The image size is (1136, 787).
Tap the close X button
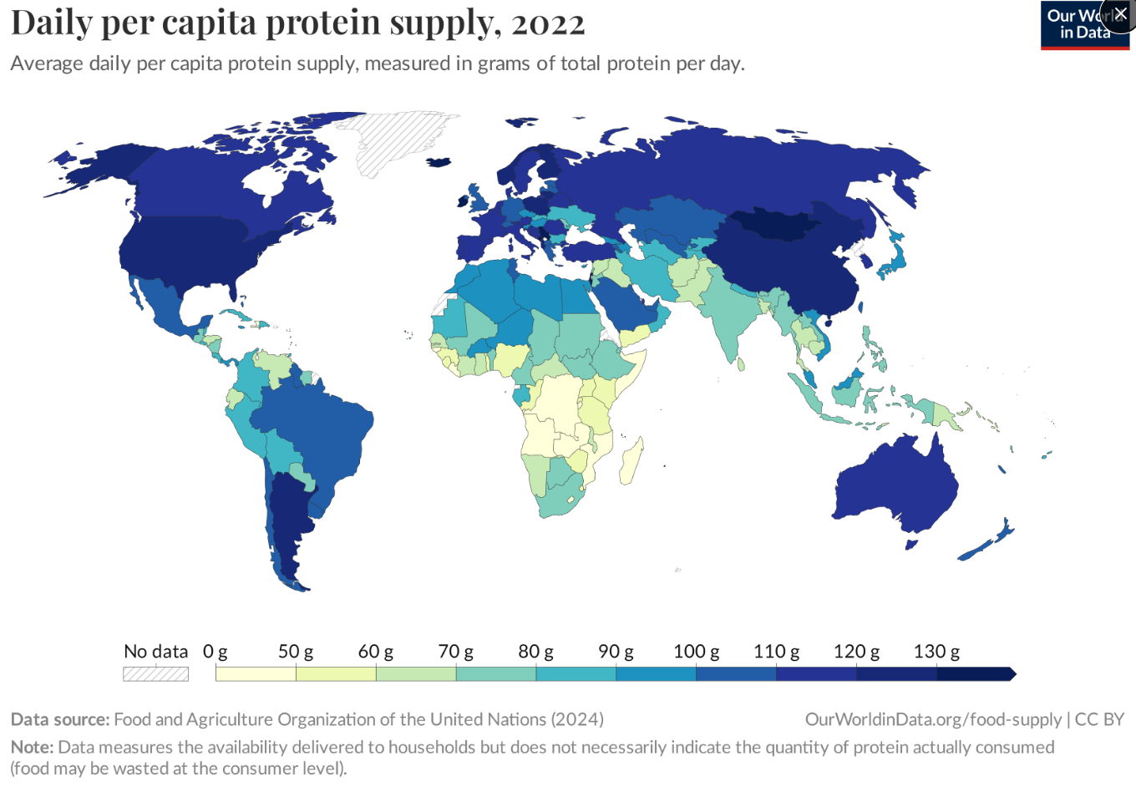(x=1120, y=14)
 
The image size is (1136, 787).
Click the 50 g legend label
(x=296, y=652)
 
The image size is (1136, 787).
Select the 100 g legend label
(x=696, y=652)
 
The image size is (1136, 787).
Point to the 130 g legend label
(x=936, y=652)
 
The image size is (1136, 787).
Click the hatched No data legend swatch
(x=155, y=674)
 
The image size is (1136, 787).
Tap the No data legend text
(x=155, y=652)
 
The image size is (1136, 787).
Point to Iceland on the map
(x=439, y=162)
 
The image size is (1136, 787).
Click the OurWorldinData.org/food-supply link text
(x=933, y=719)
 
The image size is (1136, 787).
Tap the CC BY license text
(x=1100, y=719)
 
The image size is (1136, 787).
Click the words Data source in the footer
(x=59, y=719)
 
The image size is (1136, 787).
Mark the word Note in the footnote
(x=31, y=747)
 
